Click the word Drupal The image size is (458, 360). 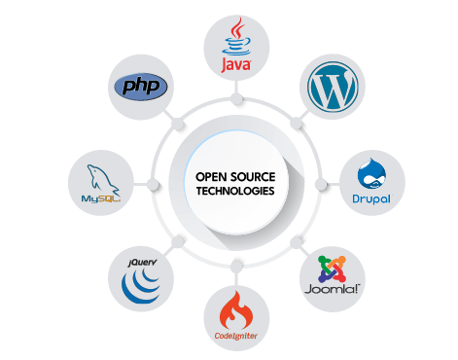[372, 198]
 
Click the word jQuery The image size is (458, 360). [143, 262]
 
